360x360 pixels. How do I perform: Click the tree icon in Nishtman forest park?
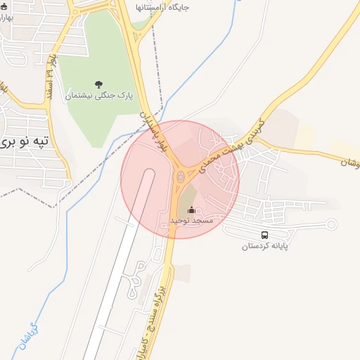point(98,85)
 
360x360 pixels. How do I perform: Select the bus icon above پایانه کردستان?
point(265,236)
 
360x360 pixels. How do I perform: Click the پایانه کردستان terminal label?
point(266,246)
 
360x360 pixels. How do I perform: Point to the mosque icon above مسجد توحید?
point(191,210)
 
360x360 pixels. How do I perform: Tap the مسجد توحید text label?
point(191,220)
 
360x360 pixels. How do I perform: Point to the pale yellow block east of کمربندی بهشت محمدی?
point(304,136)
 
